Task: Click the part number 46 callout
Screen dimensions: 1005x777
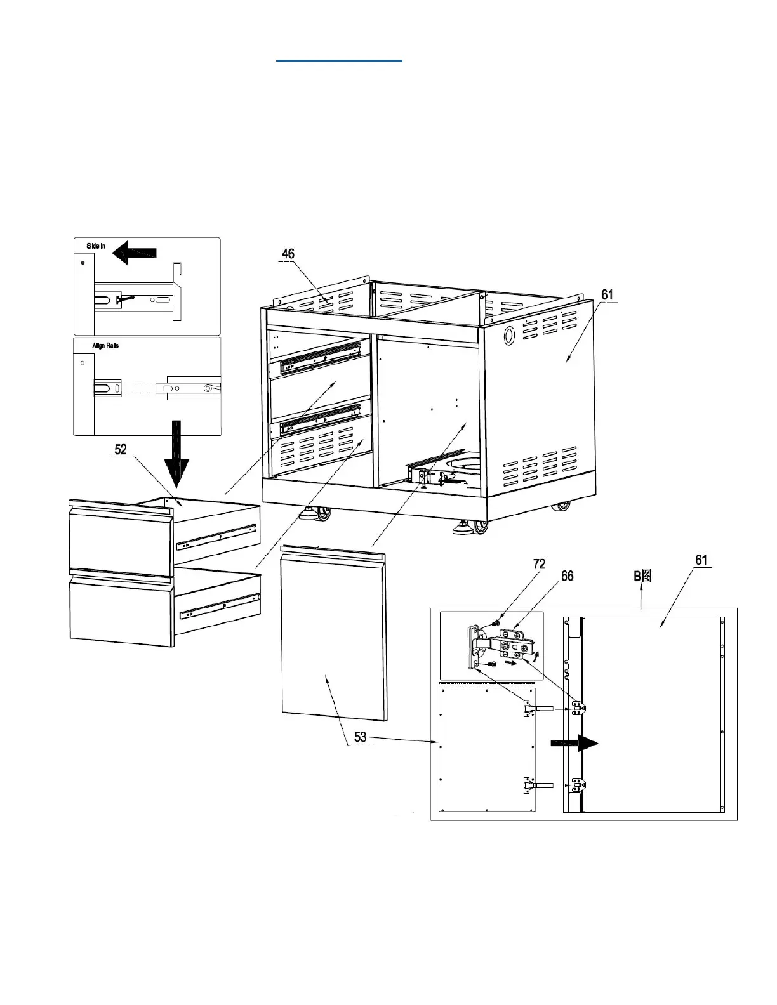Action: click(288, 254)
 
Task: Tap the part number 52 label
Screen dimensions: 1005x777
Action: click(121, 449)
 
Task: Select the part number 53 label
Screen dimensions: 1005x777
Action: click(360, 737)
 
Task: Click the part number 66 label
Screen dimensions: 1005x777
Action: click(567, 575)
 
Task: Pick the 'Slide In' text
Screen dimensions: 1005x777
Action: click(96, 246)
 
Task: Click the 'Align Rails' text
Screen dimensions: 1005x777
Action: click(105, 345)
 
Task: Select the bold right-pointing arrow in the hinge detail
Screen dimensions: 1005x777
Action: click(574, 745)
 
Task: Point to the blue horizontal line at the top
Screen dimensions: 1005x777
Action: click(340, 61)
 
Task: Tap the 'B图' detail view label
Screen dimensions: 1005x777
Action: click(642, 575)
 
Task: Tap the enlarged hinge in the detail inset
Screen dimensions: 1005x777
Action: click(501, 647)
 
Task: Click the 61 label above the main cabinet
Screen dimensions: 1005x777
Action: click(608, 294)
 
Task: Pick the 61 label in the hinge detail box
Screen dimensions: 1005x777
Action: click(701, 560)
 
